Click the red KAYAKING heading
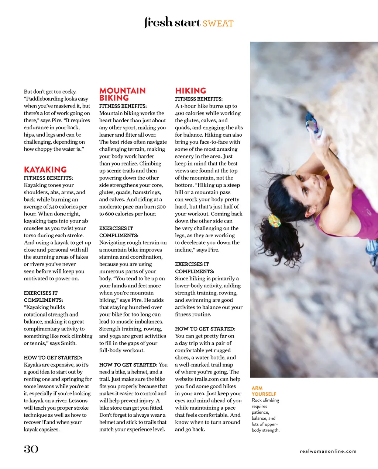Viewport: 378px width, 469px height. (x=45, y=170)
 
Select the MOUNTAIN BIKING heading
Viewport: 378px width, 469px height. (x=122, y=94)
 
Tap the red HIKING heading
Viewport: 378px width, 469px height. (x=190, y=91)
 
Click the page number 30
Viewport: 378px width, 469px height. (x=31, y=449)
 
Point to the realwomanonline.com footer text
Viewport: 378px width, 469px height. (x=328, y=451)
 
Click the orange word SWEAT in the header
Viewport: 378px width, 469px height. (x=218, y=24)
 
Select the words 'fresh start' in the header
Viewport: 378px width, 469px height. (x=172, y=22)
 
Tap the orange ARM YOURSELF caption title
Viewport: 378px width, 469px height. (x=264, y=391)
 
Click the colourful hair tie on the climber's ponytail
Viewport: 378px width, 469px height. (x=274, y=220)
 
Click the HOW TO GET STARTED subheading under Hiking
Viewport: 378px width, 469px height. (x=205, y=329)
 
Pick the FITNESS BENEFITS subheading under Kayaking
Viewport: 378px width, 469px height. (x=48, y=178)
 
